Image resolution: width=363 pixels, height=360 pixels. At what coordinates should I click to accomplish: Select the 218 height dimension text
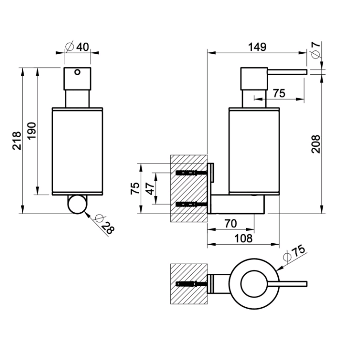click(16, 141)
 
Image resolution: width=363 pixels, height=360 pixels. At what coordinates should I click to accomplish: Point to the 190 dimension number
click(31, 131)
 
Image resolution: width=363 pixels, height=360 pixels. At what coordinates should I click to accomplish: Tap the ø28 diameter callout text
click(105, 224)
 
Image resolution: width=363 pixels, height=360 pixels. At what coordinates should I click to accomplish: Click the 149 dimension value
click(257, 47)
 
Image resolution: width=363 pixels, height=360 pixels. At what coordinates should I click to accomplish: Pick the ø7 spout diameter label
click(316, 50)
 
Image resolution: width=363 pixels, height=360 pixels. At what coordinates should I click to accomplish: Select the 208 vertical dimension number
click(316, 144)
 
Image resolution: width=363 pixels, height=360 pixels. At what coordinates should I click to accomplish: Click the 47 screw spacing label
click(150, 188)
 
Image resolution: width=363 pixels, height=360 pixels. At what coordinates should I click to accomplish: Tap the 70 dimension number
click(230, 224)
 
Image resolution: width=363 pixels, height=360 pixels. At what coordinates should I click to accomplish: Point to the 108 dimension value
click(243, 238)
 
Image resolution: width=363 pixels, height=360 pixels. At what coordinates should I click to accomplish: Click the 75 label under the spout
click(279, 93)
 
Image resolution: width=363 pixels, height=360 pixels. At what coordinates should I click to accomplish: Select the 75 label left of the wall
click(135, 188)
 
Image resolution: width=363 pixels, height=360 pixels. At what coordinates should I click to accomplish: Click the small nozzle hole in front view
click(77, 72)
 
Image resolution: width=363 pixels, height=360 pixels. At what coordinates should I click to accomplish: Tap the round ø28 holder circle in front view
click(77, 204)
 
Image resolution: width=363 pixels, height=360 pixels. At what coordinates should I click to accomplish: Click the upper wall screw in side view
click(191, 173)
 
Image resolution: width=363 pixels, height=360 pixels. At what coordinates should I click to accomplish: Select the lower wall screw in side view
click(191, 204)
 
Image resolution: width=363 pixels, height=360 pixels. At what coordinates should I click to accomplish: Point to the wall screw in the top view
click(191, 284)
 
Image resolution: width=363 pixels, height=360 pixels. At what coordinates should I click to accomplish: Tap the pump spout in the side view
click(287, 72)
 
